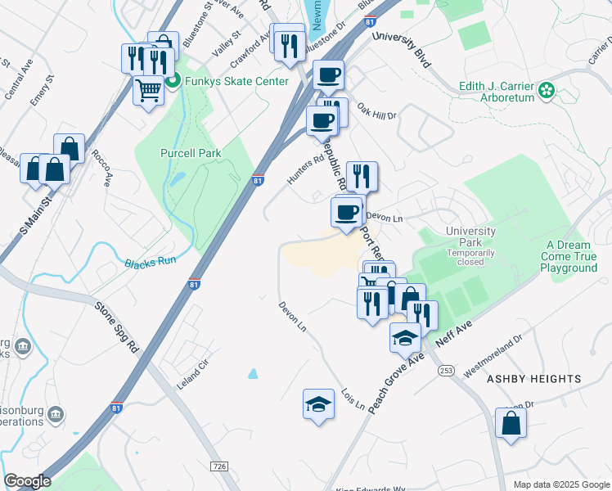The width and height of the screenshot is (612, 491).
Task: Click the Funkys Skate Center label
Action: coord(236,81)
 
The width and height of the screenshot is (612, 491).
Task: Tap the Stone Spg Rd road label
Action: coord(118,327)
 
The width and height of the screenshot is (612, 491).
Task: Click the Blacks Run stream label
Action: coord(151,264)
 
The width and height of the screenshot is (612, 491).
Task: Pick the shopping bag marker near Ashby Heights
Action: coord(511,424)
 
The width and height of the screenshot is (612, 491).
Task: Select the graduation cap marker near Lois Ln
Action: coord(318,404)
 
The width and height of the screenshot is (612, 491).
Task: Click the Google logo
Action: coord(27,481)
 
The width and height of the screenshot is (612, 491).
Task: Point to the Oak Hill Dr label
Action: coord(376,111)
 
